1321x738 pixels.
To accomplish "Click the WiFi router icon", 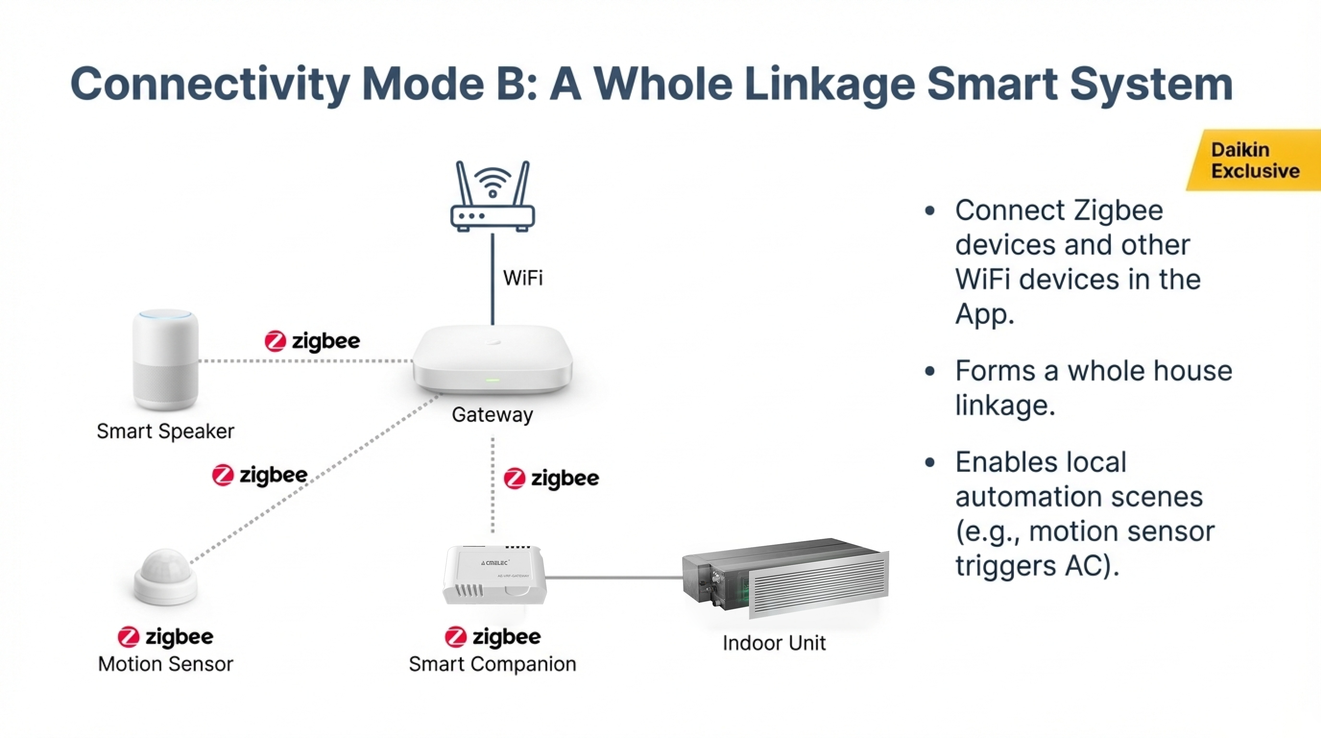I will click(492, 198).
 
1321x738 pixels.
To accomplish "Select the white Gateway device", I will click(492, 359).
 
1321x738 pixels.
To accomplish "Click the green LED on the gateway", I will click(492, 380).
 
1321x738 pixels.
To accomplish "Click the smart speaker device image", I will click(165, 359).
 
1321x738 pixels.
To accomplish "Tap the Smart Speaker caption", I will click(165, 431).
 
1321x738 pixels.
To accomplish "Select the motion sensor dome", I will click(165, 577).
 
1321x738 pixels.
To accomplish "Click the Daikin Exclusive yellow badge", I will click(1255, 160).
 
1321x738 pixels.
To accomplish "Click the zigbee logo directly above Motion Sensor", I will click(165, 637).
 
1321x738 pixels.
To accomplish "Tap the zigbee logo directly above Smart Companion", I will click(492, 637).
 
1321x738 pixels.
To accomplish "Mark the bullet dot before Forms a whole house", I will click(930, 372).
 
